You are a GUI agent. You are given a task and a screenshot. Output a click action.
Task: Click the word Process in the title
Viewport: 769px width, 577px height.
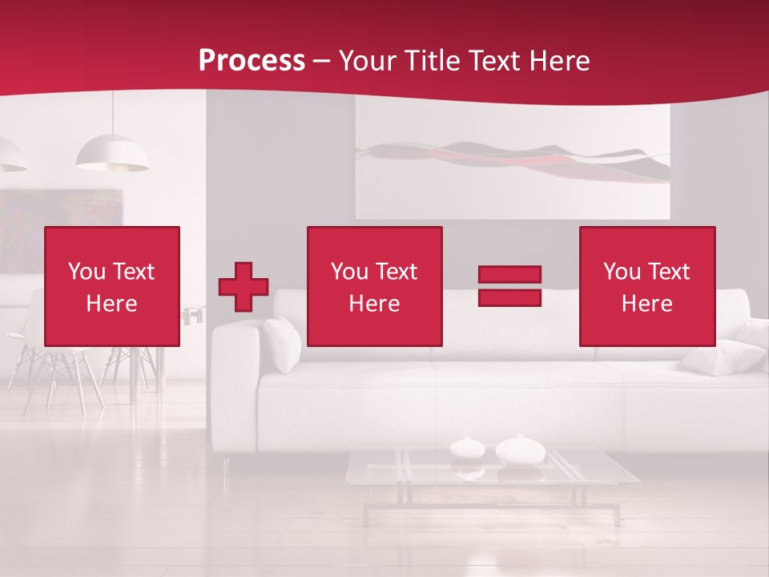click(252, 61)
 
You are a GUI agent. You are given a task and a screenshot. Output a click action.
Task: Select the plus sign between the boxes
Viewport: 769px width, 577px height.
click(244, 287)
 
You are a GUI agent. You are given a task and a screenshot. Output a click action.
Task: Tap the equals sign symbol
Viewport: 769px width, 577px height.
click(509, 286)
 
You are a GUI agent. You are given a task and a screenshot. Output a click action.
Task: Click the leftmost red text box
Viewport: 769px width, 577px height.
click(112, 286)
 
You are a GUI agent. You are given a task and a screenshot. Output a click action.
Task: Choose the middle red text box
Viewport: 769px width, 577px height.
click(374, 286)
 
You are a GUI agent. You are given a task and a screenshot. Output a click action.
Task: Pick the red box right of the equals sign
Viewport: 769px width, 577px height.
click(646, 286)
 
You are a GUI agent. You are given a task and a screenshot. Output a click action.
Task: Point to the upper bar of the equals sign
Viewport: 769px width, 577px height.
click(509, 275)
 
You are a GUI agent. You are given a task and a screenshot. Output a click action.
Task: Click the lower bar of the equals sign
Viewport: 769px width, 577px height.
click(509, 297)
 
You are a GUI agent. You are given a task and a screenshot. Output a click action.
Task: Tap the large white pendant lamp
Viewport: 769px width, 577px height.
click(112, 154)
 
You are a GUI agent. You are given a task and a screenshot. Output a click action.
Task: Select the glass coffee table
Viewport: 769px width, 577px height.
click(492, 473)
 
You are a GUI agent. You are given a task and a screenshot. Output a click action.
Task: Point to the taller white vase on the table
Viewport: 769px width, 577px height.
click(520, 450)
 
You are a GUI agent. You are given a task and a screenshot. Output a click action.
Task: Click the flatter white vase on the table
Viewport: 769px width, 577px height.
click(467, 447)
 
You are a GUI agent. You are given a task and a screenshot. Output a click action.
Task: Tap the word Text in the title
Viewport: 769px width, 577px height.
click(495, 61)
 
